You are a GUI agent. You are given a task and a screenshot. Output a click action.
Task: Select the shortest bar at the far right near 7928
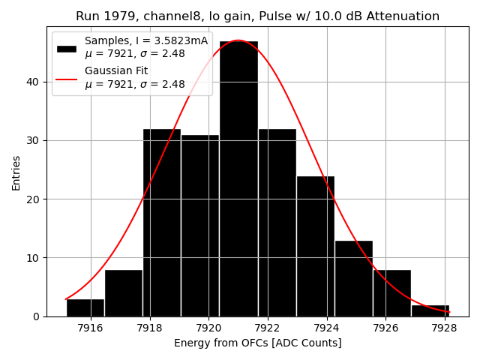[430, 310]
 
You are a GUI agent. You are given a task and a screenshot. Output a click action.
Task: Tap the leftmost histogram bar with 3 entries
[85, 307]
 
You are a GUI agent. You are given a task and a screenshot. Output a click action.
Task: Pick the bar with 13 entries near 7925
[353, 278]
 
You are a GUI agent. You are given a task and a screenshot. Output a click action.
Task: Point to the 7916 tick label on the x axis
[91, 328]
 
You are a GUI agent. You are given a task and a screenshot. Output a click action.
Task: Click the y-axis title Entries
[16, 172]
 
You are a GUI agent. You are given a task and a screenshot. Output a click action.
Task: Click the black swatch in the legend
[67, 48]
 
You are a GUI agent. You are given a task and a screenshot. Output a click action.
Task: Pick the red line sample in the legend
[67, 78]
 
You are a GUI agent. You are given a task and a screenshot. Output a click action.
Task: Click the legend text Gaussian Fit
[116, 71]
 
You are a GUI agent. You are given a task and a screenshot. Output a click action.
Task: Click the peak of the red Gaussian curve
[238, 40]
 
